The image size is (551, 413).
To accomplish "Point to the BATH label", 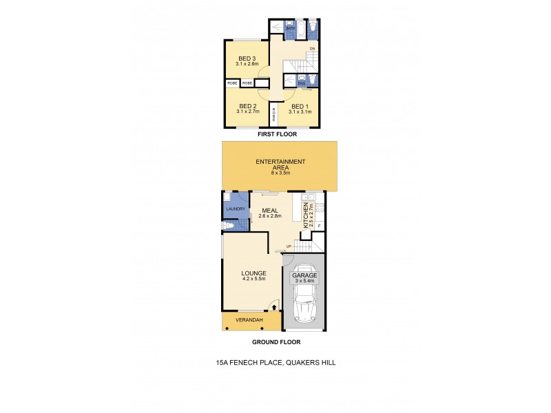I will pos(300,28).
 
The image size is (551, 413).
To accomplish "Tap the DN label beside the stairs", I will pos(312,49).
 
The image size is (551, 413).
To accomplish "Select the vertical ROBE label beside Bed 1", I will pos(273,114).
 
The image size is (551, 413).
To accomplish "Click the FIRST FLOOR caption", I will pos(273,134).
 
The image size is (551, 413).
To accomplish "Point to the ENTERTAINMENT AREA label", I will pos(280,164).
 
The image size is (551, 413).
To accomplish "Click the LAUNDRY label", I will pos(236,209).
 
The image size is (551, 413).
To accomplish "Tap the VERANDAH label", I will pos(245,321).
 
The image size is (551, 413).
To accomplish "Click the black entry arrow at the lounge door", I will pos(275,308).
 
